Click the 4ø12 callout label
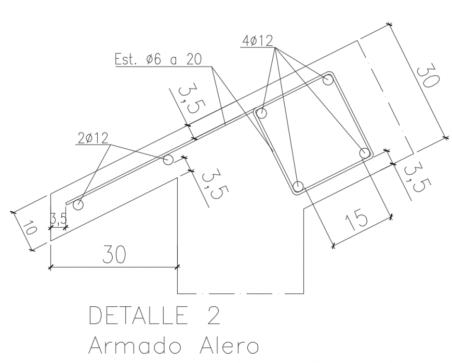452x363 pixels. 257,41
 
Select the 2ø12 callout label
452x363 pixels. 92,138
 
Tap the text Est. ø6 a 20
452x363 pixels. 158,59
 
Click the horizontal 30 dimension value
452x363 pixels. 113,255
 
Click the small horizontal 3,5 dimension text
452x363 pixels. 58,219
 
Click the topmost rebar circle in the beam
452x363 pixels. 328,80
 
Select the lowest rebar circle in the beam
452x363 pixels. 298,186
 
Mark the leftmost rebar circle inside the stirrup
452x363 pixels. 261,113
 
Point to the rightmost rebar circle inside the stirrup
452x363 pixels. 365,153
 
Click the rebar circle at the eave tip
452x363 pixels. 78,204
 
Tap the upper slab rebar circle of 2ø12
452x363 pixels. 168,159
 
